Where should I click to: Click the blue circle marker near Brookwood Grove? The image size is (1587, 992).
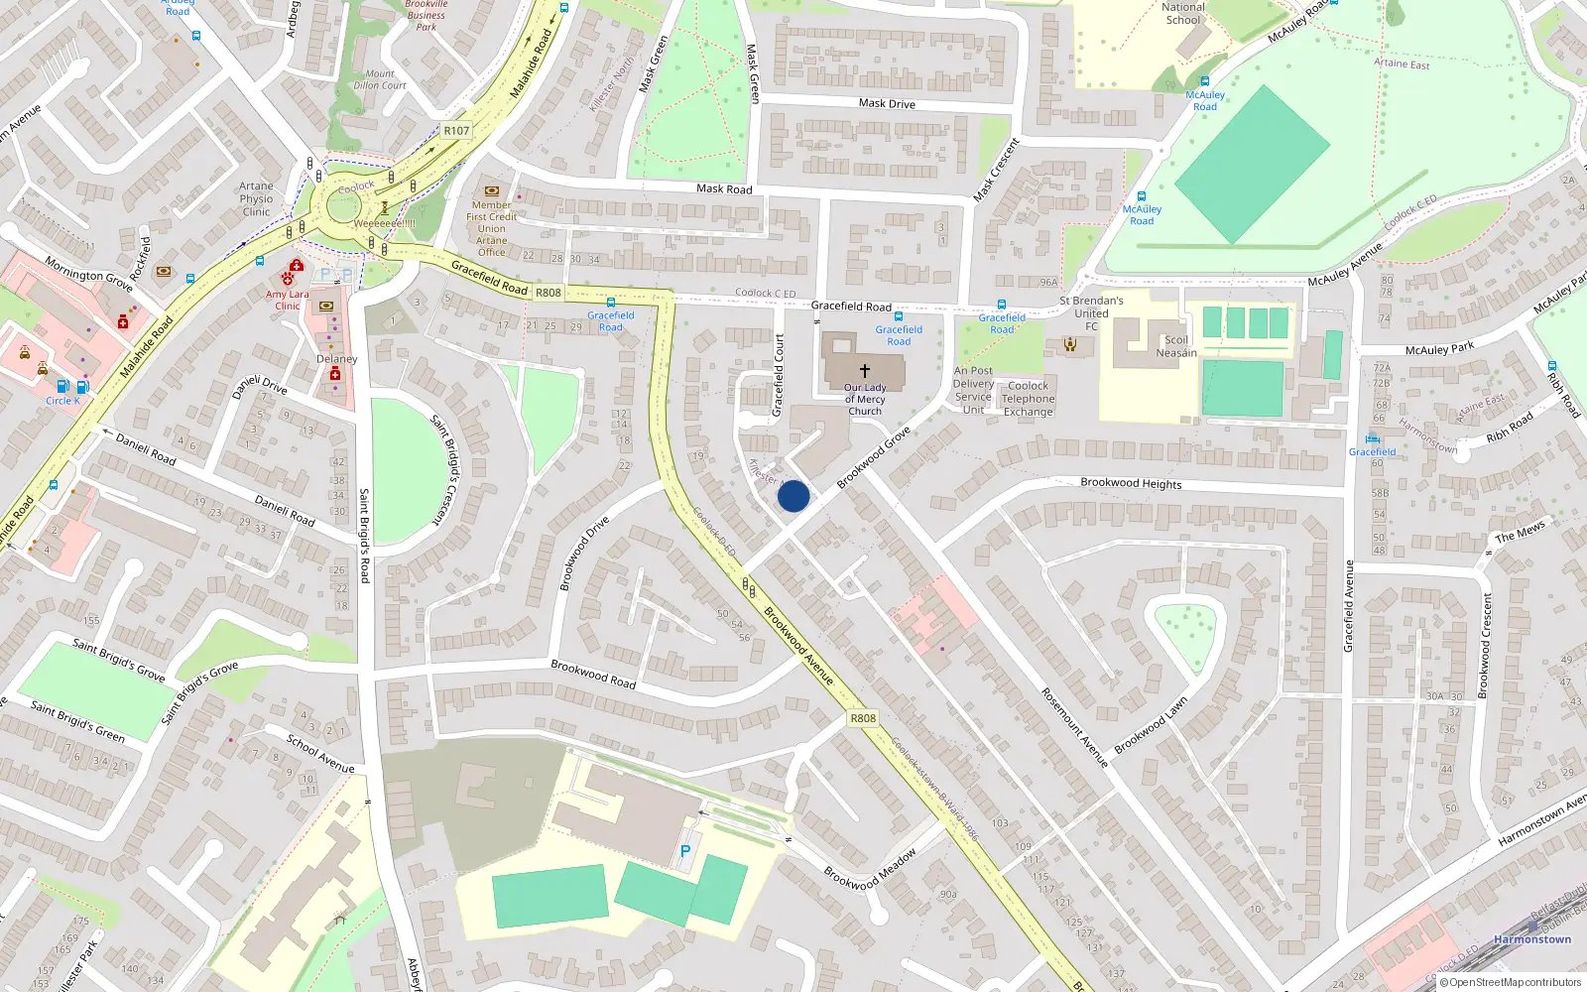tap(793, 496)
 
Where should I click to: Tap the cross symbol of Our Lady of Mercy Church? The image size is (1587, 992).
tap(865, 371)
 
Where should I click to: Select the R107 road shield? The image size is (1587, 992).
tap(456, 131)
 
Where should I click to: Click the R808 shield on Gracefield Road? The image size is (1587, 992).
tap(549, 293)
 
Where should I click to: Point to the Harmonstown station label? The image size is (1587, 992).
tap(1532, 939)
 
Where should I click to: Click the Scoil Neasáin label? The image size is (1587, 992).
tap(1176, 346)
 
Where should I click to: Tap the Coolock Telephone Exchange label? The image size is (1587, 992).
tap(1028, 399)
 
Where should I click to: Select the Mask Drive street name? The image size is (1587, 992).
tap(887, 103)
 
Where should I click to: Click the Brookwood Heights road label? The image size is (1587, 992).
tap(1131, 483)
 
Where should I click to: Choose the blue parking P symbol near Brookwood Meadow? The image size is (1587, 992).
tap(684, 851)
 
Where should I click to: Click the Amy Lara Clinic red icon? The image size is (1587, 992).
tap(296, 266)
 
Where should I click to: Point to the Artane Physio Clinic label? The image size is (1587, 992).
tap(256, 198)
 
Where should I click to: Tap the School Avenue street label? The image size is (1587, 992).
tap(320, 754)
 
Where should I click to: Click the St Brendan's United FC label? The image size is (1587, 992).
tap(1091, 313)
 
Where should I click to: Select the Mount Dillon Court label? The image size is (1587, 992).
tap(380, 79)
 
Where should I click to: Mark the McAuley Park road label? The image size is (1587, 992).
tap(1439, 349)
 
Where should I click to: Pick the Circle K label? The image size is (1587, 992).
tap(62, 401)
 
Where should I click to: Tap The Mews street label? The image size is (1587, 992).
tap(1520, 533)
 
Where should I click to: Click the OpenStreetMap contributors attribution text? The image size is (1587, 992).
tap(1516, 983)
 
